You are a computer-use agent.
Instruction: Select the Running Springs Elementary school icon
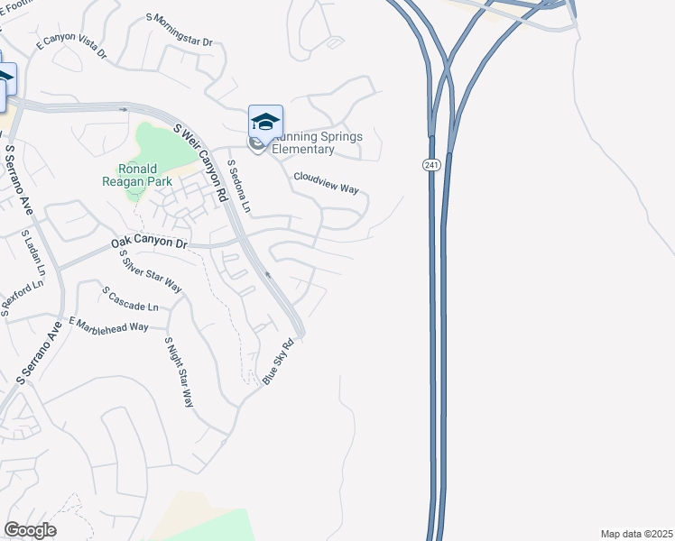pos(265,122)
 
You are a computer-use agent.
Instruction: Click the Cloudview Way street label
pos(326,183)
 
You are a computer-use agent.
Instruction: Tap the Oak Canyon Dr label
pos(149,243)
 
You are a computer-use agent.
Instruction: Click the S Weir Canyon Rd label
pos(203,164)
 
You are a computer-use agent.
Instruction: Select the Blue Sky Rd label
pos(279,362)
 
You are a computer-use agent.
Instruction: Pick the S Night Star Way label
pos(179,372)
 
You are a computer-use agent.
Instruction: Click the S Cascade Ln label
pos(130,299)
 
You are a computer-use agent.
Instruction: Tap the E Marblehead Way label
pos(107,325)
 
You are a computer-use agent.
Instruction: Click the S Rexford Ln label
pos(22,297)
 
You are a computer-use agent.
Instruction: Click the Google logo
pos(30,530)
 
